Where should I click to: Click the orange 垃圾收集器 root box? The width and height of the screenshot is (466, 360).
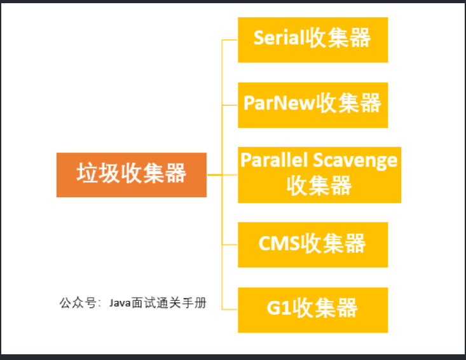pos(132,174)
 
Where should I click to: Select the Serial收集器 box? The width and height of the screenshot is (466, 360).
pos(313,39)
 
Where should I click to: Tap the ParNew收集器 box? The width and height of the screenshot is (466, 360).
pos(313,104)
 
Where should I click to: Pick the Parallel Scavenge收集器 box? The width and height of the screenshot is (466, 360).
pos(319,174)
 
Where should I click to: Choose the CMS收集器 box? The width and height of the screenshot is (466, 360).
pos(313,244)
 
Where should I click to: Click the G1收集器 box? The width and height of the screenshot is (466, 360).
pos(313,310)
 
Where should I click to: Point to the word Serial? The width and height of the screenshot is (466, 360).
pos(278,38)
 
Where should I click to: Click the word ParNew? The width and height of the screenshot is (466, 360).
pos(279,102)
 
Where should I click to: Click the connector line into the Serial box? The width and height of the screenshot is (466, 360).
pos(230,39)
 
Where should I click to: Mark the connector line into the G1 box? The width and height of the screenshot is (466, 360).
pos(230,310)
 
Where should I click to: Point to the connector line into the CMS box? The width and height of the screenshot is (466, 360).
pos(230,245)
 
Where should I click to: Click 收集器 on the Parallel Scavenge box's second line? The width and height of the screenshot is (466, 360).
pos(319,186)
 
